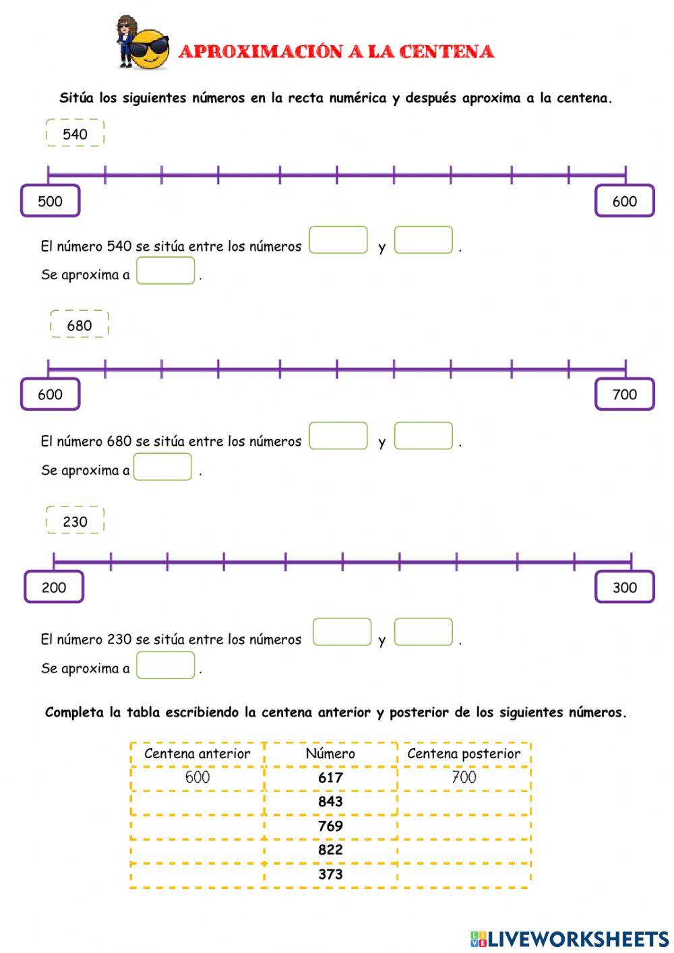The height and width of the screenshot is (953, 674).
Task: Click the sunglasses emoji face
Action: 149,49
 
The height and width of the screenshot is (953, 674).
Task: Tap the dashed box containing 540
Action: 75,133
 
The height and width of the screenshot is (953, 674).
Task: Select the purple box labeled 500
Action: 50,200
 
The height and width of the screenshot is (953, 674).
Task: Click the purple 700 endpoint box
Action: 624,394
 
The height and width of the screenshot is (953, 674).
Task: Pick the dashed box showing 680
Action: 79,324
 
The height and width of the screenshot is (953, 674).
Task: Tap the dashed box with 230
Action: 75,520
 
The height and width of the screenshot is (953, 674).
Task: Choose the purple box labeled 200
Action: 53,587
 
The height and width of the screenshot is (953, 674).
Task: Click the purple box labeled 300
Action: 624,587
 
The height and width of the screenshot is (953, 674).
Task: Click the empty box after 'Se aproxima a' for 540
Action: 165,270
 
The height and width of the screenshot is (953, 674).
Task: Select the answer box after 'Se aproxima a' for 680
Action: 162,467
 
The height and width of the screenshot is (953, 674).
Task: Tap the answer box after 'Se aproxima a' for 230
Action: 165,665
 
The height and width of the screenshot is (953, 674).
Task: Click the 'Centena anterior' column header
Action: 197,753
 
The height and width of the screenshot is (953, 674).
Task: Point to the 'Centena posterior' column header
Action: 464,753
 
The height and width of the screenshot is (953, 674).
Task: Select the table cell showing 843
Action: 330,801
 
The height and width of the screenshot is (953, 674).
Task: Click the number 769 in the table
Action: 330,826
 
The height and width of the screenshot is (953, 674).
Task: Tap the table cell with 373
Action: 330,874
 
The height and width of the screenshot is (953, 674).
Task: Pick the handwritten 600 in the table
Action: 197,777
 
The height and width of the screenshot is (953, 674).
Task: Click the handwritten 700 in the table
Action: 464,777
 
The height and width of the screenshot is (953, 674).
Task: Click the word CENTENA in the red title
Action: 446,51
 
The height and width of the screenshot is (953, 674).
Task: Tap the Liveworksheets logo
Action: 570,939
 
